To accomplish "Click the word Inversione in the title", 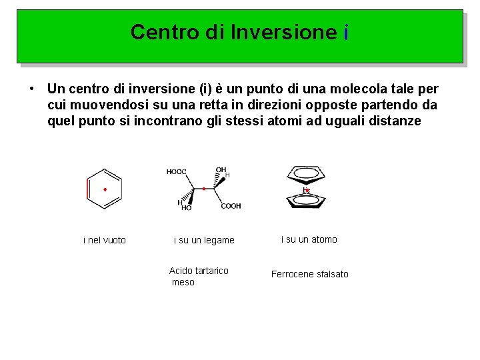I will pyautogui.click(x=284, y=32).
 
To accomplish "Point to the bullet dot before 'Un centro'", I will pyautogui.click(x=31, y=89).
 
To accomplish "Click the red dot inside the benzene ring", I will pyautogui.click(x=105, y=189).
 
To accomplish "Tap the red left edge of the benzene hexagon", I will pyautogui.click(x=88, y=189).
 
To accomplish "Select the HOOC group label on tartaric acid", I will pyautogui.click(x=176, y=172).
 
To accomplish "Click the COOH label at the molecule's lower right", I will pyautogui.click(x=231, y=206).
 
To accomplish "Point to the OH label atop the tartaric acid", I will pyautogui.click(x=221, y=169).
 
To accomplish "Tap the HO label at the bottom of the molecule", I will pyautogui.click(x=186, y=208).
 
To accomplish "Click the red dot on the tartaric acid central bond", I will pyautogui.click(x=203, y=189).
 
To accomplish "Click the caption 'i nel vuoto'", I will pyautogui.click(x=105, y=240).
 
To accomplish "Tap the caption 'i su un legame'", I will pyautogui.click(x=204, y=240).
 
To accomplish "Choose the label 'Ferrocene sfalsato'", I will pyautogui.click(x=309, y=274).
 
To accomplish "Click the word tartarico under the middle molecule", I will pyautogui.click(x=209, y=271).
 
